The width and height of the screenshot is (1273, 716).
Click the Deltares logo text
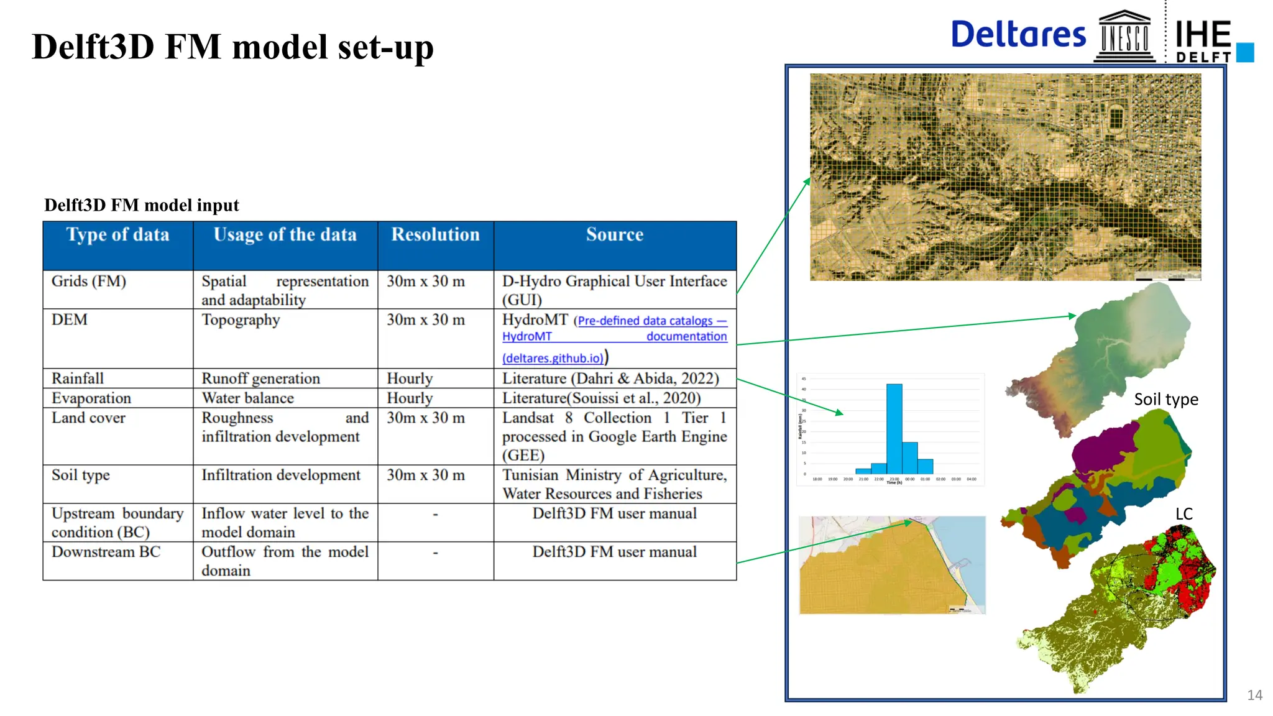(x=1018, y=35)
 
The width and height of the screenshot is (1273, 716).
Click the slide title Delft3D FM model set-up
(x=232, y=47)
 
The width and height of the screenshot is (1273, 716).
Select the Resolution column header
(x=435, y=235)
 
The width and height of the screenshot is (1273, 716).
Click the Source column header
(x=614, y=235)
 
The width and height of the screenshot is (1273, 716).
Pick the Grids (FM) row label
(x=89, y=282)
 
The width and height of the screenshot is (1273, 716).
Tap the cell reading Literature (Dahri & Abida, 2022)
(x=610, y=379)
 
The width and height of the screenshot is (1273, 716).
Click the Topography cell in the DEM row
(x=241, y=320)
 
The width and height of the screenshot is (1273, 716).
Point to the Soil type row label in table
(x=81, y=475)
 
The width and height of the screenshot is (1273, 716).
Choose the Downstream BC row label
(x=106, y=552)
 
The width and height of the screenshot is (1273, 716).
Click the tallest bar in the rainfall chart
(x=894, y=429)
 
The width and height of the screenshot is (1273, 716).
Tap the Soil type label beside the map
(x=1165, y=400)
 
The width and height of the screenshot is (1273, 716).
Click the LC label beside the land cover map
(x=1183, y=514)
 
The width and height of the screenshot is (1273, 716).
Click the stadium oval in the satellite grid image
(x=1116, y=117)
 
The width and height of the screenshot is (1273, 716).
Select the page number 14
(x=1254, y=695)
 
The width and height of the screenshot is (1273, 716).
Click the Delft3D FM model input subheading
(x=142, y=205)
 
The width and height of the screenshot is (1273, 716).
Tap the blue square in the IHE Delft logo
(x=1245, y=52)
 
